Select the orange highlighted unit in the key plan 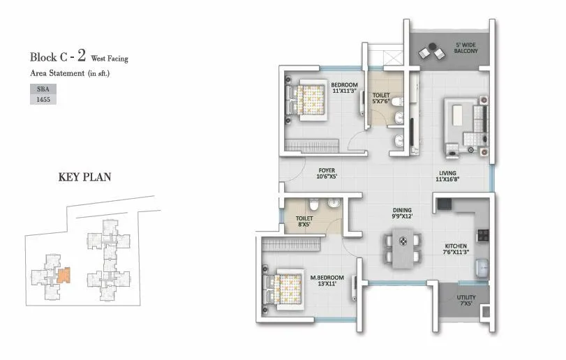tap(64, 275)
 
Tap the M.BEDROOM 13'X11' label tap(327, 281)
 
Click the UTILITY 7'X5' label tap(466, 301)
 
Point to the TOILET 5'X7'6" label tap(381, 98)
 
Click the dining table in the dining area tap(402, 249)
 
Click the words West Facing tap(108, 59)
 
